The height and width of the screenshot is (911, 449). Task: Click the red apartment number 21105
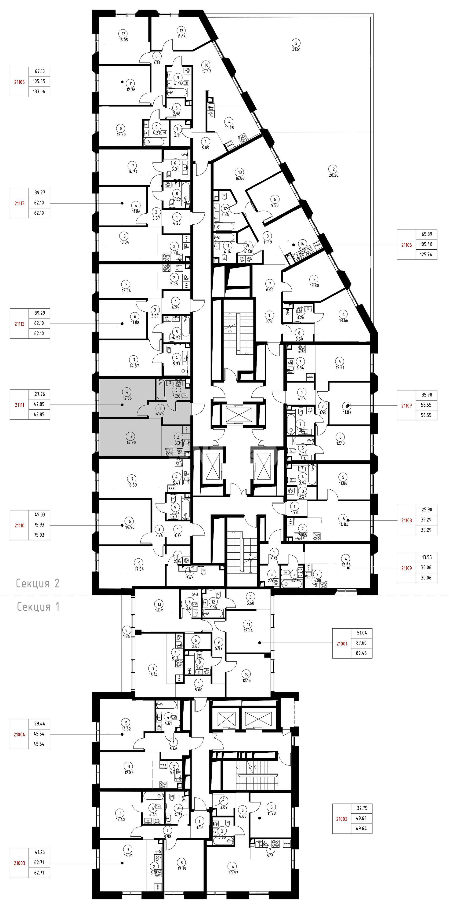point(19,82)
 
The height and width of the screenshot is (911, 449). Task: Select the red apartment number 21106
point(406,245)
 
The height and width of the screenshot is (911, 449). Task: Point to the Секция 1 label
point(38,607)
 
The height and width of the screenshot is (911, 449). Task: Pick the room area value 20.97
point(233,872)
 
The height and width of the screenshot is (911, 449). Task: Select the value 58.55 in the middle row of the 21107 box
point(426,405)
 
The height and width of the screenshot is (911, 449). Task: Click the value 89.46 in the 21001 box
point(361,653)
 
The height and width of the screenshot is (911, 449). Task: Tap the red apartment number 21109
point(406,568)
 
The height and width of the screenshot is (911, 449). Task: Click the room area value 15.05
point(123,40)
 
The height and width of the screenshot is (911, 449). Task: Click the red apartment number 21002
point(341,819)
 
